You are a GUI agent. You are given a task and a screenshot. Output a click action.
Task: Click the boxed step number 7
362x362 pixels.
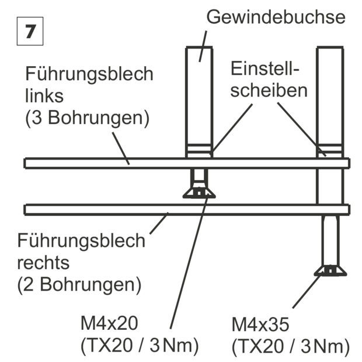[30, 31]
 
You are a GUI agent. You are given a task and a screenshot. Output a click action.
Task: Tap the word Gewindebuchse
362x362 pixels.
[276, 17]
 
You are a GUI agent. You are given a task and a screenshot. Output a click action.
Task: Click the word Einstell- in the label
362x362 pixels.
[265, 68]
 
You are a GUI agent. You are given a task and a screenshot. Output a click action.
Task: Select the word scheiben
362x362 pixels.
[269, 90]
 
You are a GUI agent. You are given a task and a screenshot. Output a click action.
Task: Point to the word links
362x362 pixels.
[44, 96]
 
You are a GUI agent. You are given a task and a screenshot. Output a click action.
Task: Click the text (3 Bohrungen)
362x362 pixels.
[87, 118]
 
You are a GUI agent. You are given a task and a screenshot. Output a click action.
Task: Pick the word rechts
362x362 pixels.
[43, 263]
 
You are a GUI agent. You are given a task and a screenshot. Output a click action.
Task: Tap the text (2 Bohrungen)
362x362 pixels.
[79, 284]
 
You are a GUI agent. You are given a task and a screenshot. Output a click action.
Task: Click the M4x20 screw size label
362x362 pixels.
[109, 323]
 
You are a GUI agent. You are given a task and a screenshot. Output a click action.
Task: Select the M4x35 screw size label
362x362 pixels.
[260, 325]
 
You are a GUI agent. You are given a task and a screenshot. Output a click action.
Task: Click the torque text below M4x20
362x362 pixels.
[140, 346]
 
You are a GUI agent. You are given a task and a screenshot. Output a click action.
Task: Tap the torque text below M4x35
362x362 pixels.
[291, 347]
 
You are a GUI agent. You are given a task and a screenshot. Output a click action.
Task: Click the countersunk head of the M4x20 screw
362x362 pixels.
[199, 192]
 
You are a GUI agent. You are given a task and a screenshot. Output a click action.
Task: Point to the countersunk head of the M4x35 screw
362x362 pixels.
[330, 270]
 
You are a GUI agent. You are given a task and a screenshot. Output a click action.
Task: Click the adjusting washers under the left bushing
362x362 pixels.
[199, 151]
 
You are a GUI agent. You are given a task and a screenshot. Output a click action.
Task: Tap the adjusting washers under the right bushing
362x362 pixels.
[330, 151]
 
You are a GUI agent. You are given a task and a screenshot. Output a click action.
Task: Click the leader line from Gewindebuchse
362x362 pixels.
[203, 46]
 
